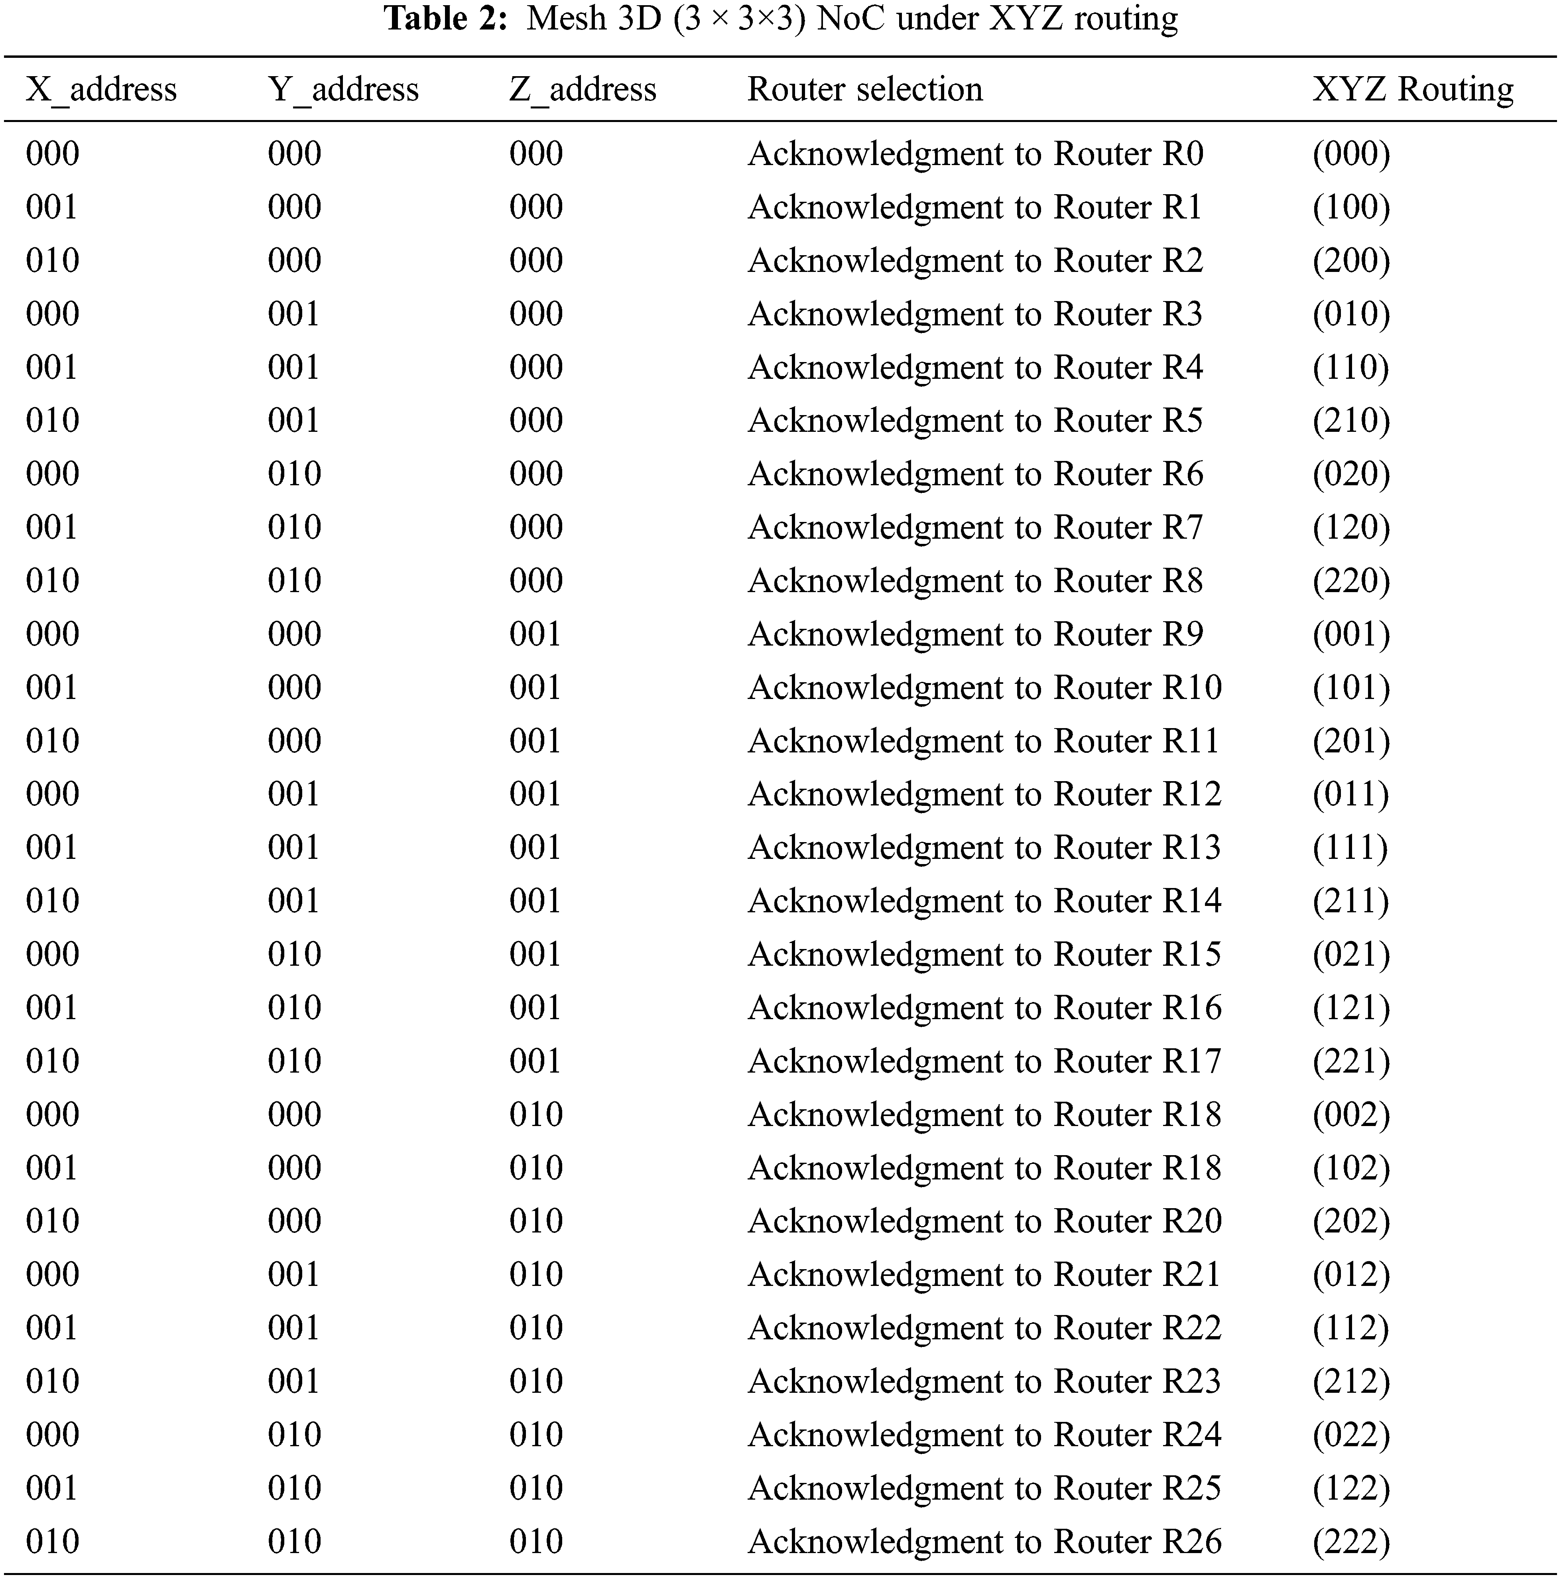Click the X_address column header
[101, 89]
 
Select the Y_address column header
[343, 89]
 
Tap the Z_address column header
[583, 89]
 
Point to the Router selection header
[865, 89]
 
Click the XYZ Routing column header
[1412, 89]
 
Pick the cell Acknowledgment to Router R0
[975, 154]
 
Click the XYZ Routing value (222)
[1351, 1542]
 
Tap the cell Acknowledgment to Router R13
[984, 848]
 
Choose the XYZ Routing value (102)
[1351, 1168]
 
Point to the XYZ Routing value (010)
[1351, 314]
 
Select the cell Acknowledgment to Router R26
[984, 1542]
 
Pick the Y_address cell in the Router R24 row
[294, 1434]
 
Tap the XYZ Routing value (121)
[1351, 1008]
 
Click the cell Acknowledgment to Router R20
[984, 1221]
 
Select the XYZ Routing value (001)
[1351, 634]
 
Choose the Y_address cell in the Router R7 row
[294, 527]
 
